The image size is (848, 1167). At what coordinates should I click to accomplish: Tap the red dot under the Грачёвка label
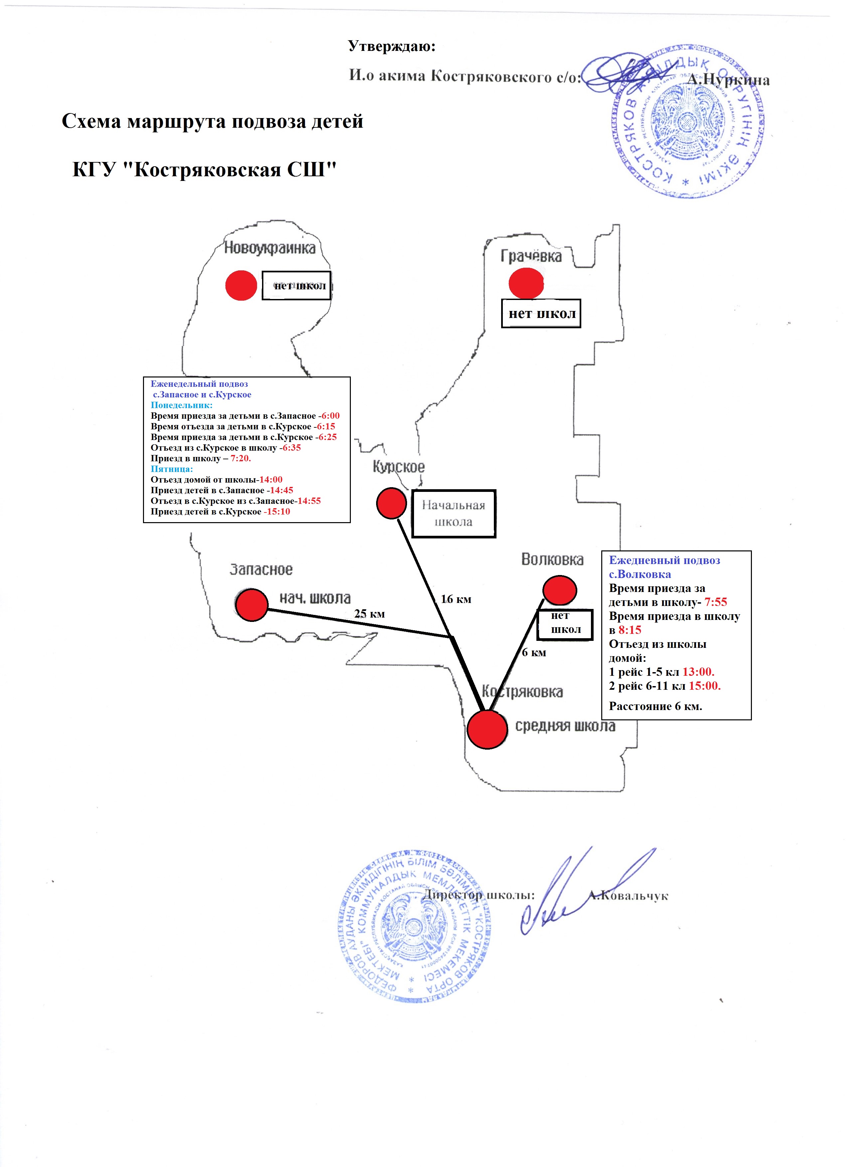pyautogui.click(x=526, y=283)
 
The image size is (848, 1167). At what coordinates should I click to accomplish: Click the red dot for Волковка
pyautogui.click(x=559, y=590)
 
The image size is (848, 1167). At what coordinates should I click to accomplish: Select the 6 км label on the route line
pyautogui.click(x=534, y=653)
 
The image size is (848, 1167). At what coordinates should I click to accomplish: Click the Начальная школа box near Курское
pyautogui.click(x=453, y=513)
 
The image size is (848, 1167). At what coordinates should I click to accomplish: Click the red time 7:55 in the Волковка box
pyautogui.click(x=715, y=602)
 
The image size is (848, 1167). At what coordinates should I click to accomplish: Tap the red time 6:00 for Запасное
pyautogui.click(x=330, y=416)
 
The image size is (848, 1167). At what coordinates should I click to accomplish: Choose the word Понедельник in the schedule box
pyautogui.click(x=181, y=405)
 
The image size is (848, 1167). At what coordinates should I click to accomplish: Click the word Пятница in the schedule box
pyautogui.click(x=171, y=469)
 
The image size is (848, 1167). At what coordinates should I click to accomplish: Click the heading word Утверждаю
pyautogui.click(x=392, y=46)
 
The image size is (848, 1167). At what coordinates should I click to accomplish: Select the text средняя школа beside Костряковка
pyautogui.click(x=565, y=726)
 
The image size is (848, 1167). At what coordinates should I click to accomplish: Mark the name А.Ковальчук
pyautogui.click(x=628, y=896)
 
